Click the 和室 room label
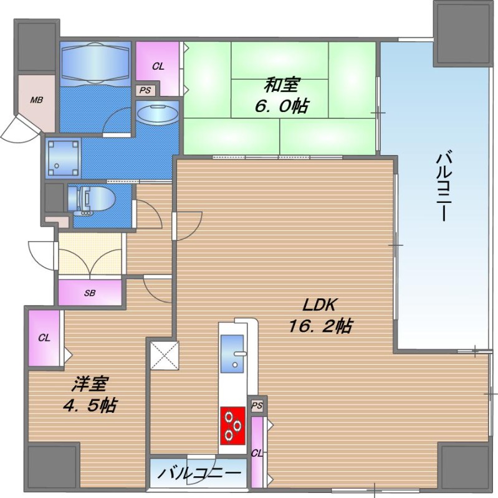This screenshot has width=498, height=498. [280, 84]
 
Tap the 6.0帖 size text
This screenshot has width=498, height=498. [280, 106]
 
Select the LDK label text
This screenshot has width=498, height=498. [320, 305]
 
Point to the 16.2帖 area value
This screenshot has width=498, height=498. [320, 326]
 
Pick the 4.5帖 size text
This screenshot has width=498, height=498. [87, 406]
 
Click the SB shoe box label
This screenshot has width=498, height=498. [90, 293]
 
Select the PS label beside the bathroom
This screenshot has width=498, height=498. [145, 90]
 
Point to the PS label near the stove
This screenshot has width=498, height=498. [257, 405]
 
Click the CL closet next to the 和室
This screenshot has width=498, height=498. [158, 67]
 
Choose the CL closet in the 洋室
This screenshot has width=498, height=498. [44, 338]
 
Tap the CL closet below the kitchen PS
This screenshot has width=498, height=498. [256, 453]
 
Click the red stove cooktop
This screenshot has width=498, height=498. [232, 426]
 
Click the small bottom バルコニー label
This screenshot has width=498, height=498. [198, 474]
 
